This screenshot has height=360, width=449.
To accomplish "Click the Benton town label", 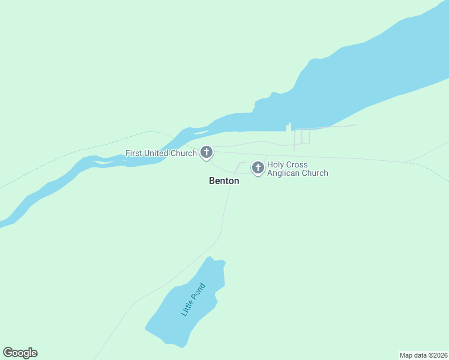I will [x=224, y=181].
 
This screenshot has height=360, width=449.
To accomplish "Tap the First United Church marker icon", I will [x=206, y=152].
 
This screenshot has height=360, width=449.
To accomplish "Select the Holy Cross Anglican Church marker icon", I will [x=258, y=167].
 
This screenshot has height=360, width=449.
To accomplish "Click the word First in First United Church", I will [x=134, y=154].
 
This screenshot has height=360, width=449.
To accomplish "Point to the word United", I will [x=157, y=154].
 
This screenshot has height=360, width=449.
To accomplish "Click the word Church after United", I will [x=184, y=154].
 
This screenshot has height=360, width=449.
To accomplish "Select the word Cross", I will [x=298, y=164].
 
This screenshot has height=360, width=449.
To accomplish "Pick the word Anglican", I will [x=285, y=173].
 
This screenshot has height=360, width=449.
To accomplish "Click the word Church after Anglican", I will [x=316, y=173].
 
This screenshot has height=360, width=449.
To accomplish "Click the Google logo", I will [x=20, y=353].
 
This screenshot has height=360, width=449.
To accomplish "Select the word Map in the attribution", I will [x=407, y=355].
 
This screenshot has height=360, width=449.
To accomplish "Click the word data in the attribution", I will [x=421, y=355].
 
